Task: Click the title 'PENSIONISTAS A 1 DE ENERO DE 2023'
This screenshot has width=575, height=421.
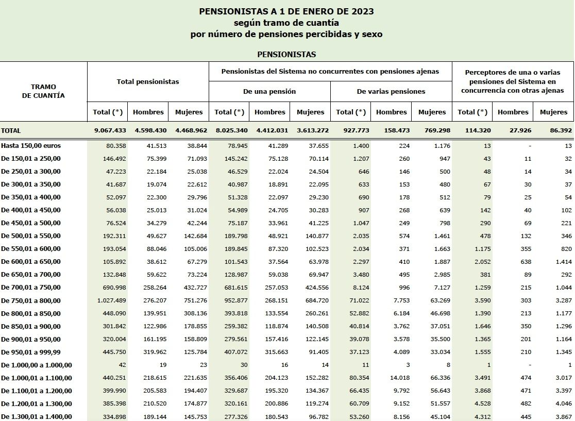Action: [x=286, y=11]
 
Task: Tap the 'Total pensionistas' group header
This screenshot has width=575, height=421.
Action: [x=148, y=81]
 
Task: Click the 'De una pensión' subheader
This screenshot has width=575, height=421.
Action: [x=269, y=91]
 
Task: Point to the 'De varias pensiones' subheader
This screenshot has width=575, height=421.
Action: [x=391, y=91]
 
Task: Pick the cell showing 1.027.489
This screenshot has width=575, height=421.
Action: [x=109, y=301]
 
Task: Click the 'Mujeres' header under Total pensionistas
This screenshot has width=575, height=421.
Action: [x=189, y=112]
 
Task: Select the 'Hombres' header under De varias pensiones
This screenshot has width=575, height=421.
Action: [x=392, y=112]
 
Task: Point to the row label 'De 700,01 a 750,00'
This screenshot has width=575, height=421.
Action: [x=30, y=288]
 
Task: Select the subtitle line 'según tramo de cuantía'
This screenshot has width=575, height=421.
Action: [x=286, y=23]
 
